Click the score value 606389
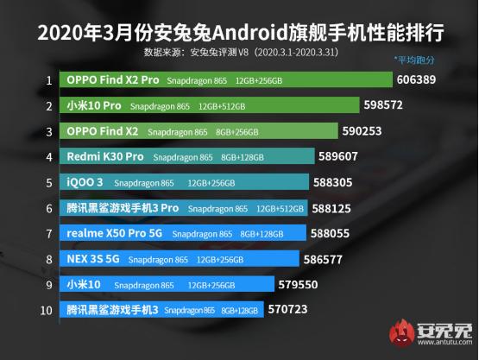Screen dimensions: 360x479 coord(418,79)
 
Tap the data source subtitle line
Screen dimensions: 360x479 coord(239,53)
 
